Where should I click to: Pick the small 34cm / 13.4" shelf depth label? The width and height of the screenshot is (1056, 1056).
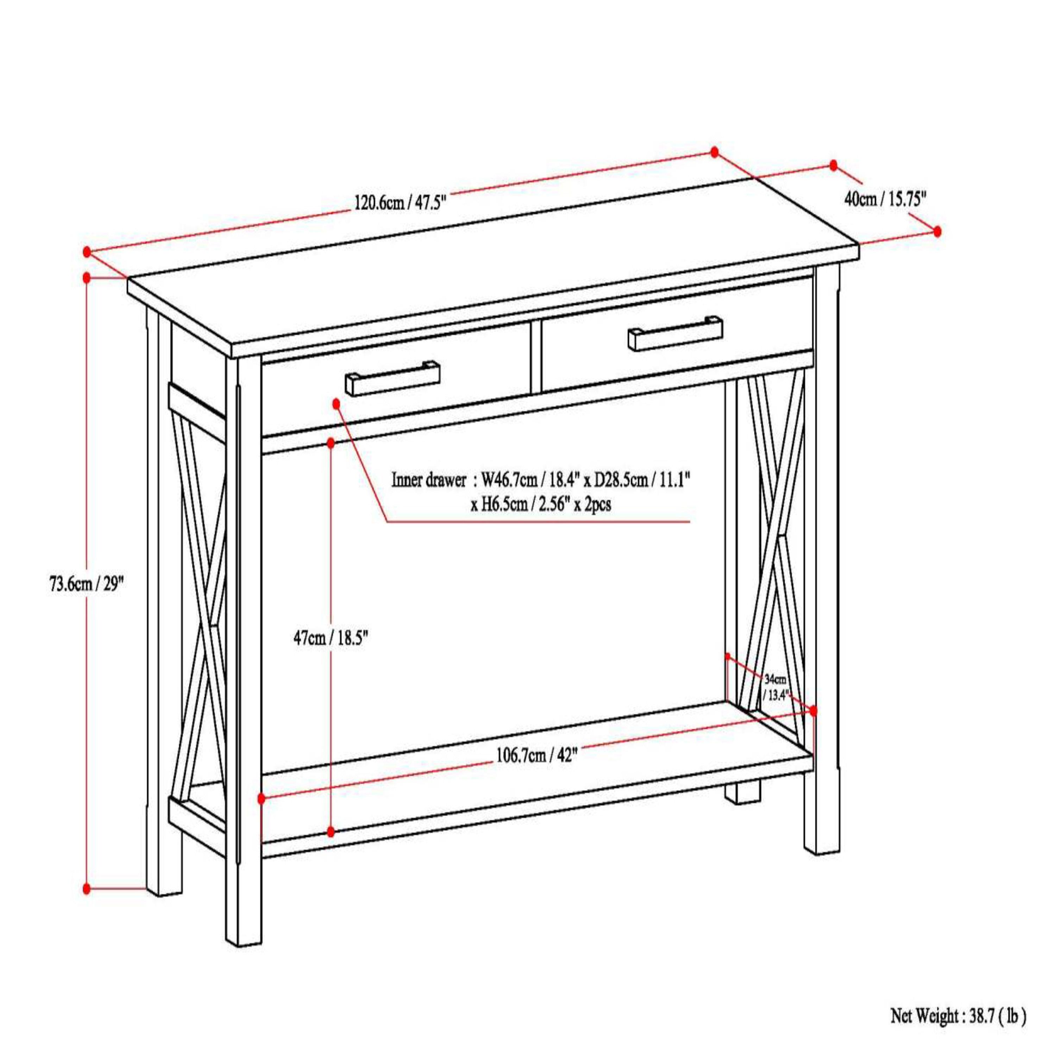[775, 687]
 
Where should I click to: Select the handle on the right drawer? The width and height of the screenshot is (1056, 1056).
[675, 334]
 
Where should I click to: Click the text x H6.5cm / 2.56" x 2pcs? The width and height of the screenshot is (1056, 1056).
[541, 504]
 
